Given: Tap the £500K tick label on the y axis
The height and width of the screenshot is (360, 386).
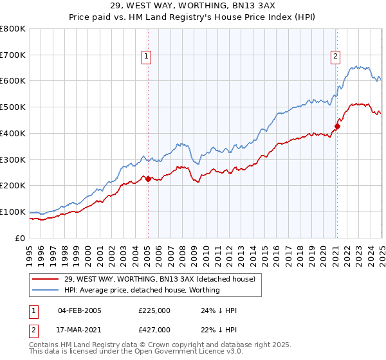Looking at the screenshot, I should pos(12,107).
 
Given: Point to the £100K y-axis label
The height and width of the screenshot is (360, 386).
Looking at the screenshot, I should pos(12,212).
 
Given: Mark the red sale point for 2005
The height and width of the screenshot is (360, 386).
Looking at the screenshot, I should pos(148,179).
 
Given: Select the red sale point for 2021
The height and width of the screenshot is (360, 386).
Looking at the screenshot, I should pos(337,126).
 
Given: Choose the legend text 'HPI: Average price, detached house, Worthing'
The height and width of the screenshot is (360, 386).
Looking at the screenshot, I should pos(142,290).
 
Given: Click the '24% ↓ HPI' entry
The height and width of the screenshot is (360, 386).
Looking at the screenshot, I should pos(219,310).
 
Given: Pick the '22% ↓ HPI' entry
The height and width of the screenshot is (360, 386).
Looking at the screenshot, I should pos(219,330).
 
